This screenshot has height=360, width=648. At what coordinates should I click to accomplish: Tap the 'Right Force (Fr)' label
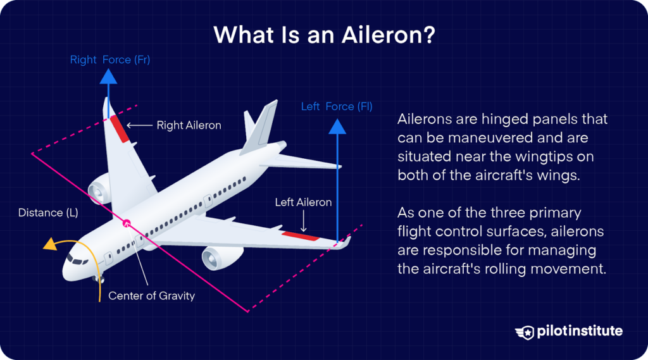tap(109, 60)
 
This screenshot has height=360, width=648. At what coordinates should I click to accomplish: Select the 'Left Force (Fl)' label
tap(336, 106)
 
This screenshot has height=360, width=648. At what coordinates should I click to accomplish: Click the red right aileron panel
tap(118, 128)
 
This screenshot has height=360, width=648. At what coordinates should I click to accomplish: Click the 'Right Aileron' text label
tap(189, 125)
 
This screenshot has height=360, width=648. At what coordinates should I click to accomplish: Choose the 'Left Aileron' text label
tap(303, 202)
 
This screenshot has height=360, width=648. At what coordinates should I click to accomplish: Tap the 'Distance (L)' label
tap(48, 213)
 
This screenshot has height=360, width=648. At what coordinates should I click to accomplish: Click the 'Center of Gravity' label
tap(152, 295)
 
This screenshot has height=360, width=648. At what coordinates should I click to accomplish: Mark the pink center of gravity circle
tap(127, 222)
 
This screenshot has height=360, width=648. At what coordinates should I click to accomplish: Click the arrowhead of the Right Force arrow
tap(109, 76)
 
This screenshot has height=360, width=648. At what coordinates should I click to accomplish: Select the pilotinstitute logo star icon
tap(526, 332)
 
